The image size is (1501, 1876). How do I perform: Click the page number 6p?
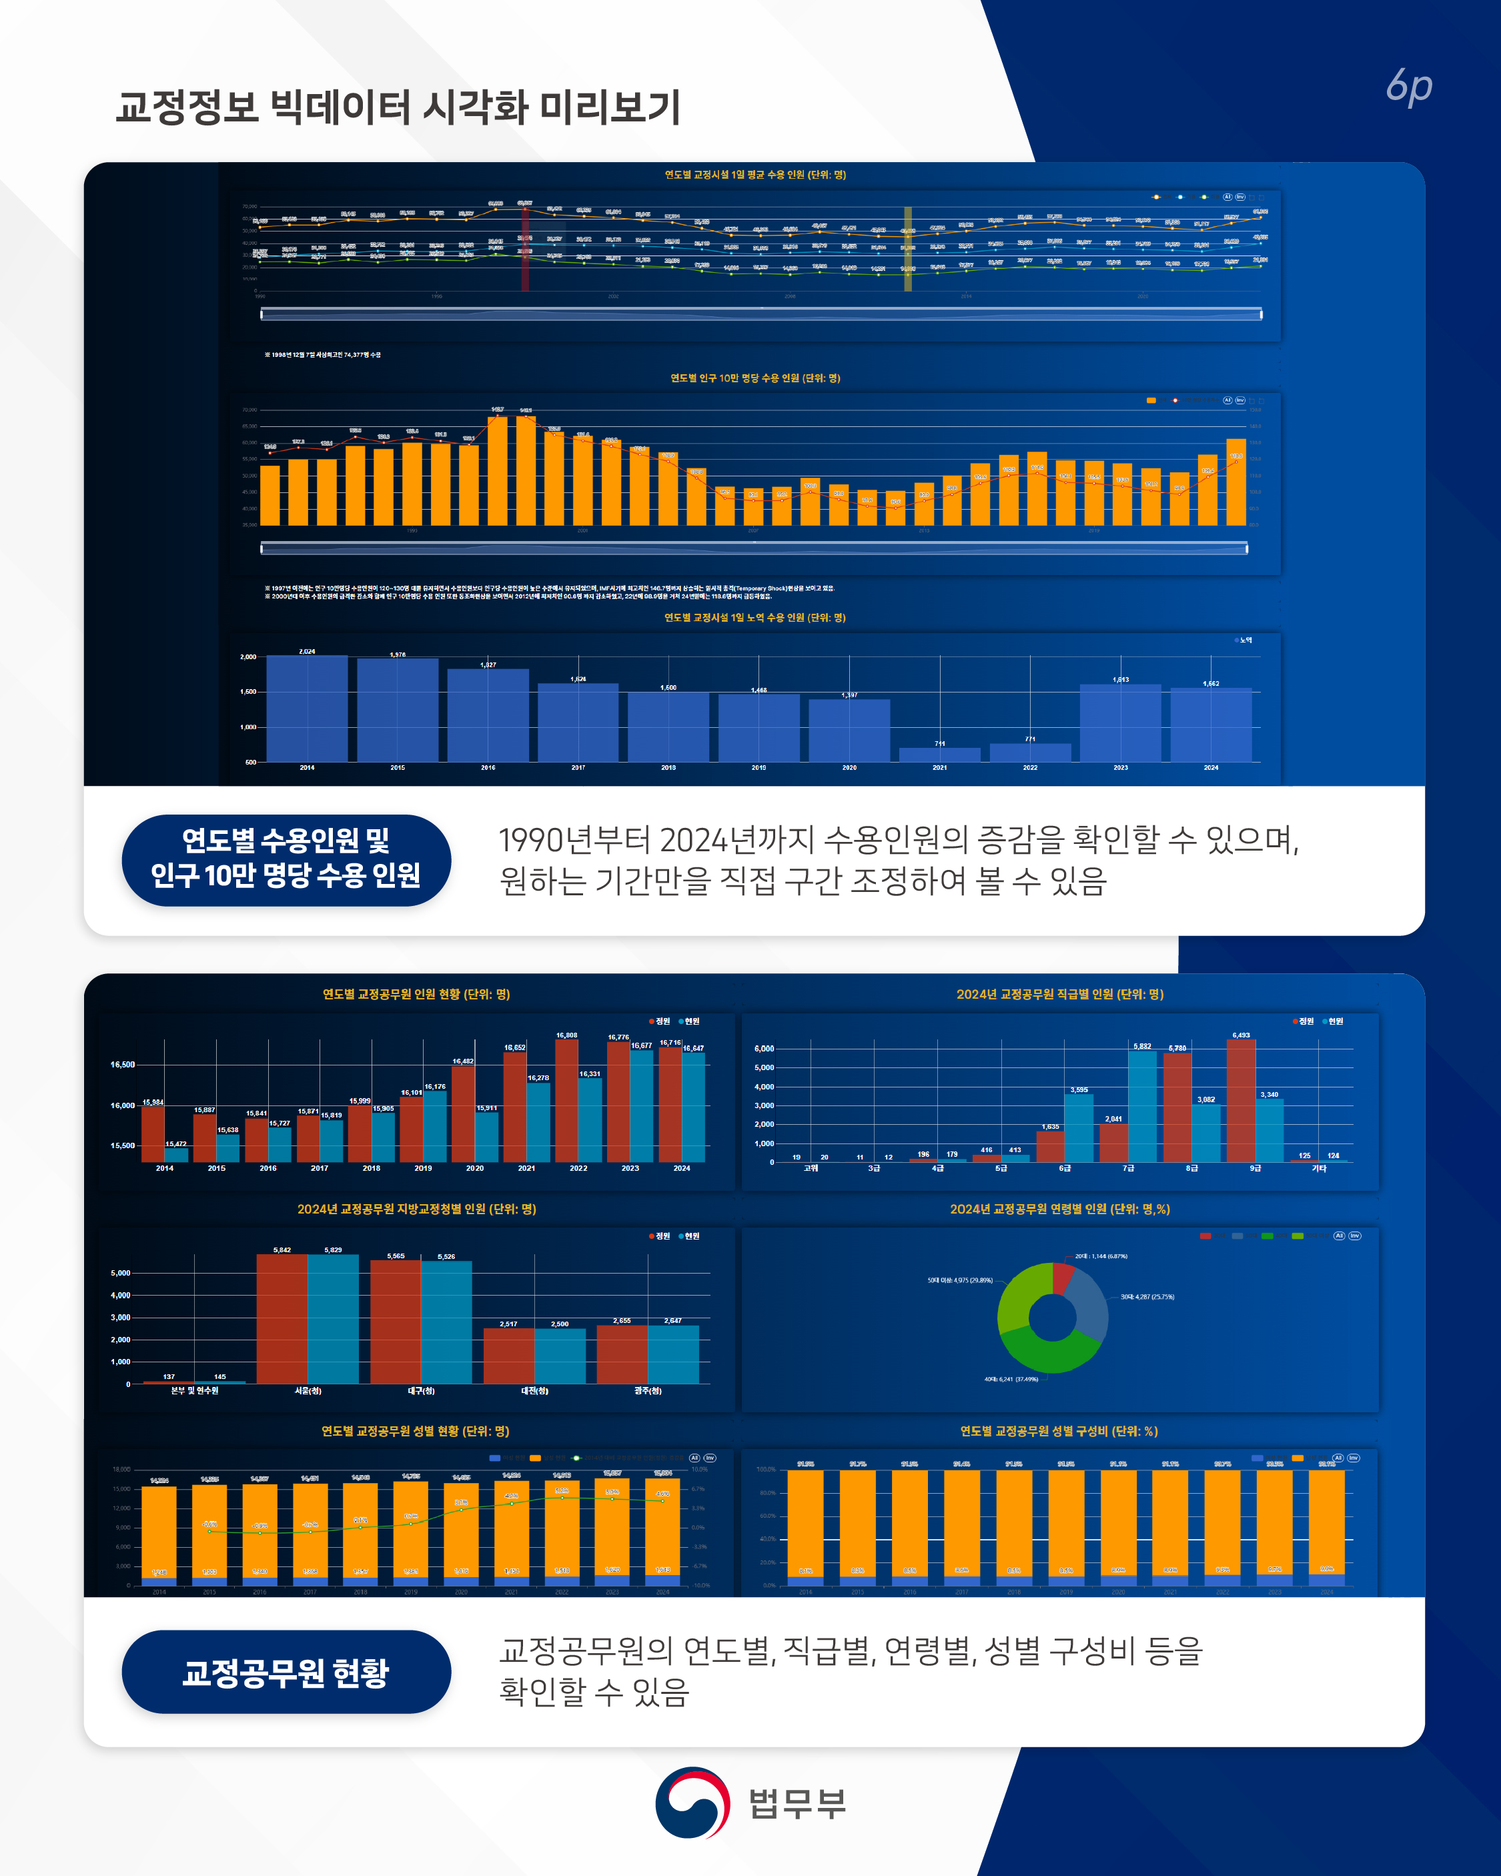1409,87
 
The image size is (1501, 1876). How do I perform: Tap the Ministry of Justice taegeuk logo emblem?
692,1802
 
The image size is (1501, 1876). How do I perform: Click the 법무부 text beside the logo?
797,1803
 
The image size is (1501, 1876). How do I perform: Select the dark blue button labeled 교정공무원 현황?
286,1671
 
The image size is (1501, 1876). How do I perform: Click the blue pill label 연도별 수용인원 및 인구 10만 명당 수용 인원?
286,860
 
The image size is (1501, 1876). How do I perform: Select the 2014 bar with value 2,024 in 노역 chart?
306,709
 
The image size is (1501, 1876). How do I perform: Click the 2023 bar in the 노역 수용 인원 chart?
1120,723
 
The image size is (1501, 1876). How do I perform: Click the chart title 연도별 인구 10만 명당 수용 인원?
755,378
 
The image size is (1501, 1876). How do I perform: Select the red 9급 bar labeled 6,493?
1241,1101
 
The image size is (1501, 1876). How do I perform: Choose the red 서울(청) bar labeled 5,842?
282,1318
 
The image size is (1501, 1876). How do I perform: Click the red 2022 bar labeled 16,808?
566,1101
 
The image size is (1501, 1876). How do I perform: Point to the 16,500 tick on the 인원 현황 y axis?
122,1064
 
